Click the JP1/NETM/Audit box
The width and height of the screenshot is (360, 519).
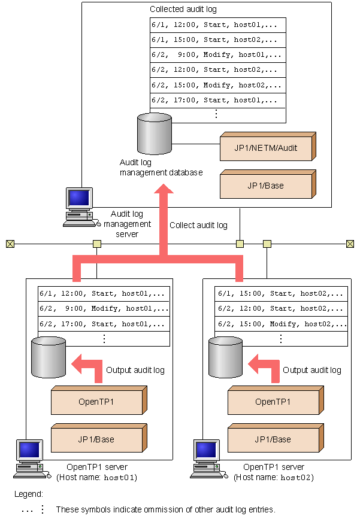(x=266, y=147)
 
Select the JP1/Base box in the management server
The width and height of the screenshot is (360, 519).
(x=266, y=186)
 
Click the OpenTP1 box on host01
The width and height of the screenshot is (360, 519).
(x=96, y=401)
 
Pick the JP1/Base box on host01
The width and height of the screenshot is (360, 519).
(x=96, y=439)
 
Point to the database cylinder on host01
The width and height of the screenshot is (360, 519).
(x=49, y=357)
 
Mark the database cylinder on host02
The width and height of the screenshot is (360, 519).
(x=225, y=357)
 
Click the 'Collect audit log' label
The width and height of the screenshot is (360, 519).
(x=198, y=226)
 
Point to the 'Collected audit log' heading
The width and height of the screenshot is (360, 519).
(x=183, y=10)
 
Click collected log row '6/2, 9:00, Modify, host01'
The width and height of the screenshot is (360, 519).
(x=217, y=55)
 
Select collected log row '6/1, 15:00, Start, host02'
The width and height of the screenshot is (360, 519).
(x=217, y=40)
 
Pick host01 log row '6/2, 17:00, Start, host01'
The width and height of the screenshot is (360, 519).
(x=104, y=324)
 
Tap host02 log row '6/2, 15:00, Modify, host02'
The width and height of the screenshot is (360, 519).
(x=280, y=324)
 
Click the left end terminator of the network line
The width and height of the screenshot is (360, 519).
(x=10, y=244)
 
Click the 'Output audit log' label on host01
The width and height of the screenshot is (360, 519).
(x=135, y=370)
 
